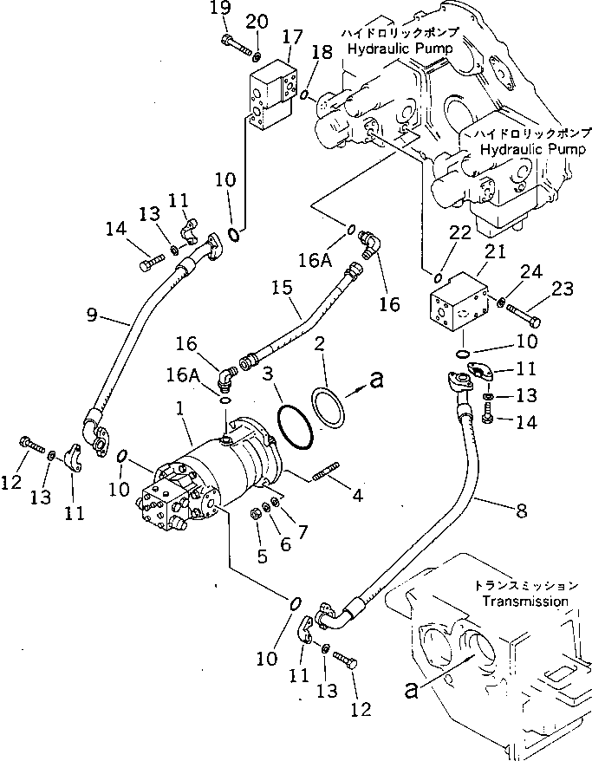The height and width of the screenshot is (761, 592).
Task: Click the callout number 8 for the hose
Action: [x=519, y=511]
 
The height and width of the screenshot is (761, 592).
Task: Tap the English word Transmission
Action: [x=525, y=601]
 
